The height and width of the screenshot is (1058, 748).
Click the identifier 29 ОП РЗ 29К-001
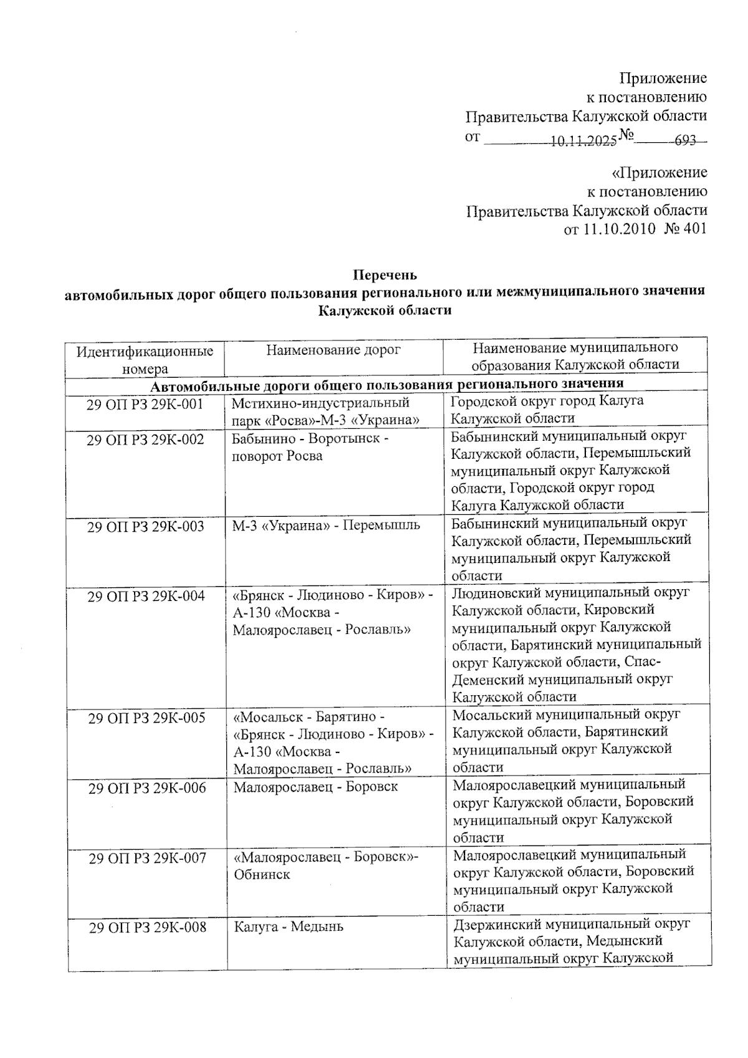pyautogui.click(x=145, y=404)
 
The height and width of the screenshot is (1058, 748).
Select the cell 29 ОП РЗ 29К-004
pyautogui.click(x=146, y=596)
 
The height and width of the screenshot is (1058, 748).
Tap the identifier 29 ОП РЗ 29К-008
pyautogui.click(x=147, y=927)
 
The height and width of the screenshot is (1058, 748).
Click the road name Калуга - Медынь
pyautogui.click(x=289, y=926)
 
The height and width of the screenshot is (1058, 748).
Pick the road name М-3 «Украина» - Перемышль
pyautogui.click(x=326, y=526)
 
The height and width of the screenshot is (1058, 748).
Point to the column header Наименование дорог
pyautogui.click(x=333, y=350)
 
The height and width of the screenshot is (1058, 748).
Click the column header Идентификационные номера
pyautogui.click(x=145, y=360)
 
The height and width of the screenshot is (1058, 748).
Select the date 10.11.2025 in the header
pyautogui.click(x=583, y=141)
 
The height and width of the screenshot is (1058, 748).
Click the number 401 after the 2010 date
pyautogui.click(x=695, y=229)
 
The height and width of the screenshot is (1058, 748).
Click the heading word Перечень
pyautogui.click(x=385, y=275)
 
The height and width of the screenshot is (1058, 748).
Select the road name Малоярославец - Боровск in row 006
pyautogui.click(x=315, y=787)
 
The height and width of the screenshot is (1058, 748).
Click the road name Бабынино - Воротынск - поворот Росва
pyautogui.click(x=310, y=447)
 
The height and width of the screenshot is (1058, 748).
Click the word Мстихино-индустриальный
pyautogui.click(x=320, y=403)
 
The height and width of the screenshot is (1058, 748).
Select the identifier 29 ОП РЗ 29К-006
pyautogui.click(x=147, y=788)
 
